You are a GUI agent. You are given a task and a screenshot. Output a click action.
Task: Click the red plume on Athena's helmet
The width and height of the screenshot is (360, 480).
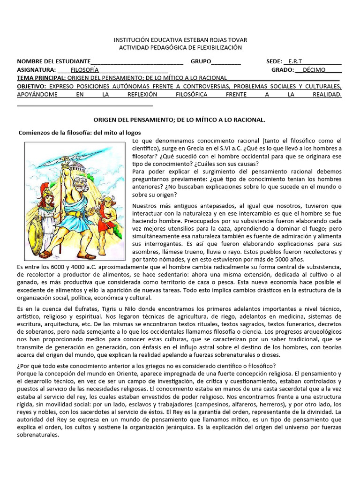pos(46,184)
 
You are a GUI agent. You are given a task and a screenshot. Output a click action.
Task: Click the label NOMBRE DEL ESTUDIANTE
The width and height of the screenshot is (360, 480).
pos(53,61)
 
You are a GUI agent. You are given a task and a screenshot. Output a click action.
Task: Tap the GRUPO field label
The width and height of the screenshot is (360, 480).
pos(201,61)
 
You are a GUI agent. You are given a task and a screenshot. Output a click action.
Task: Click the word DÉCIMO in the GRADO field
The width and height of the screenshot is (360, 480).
pos(314,70)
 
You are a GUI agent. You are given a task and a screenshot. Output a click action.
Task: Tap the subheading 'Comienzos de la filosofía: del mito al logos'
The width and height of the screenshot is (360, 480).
pos(79,133)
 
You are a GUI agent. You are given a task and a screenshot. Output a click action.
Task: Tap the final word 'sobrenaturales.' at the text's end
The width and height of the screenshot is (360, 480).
pos(37,435)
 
